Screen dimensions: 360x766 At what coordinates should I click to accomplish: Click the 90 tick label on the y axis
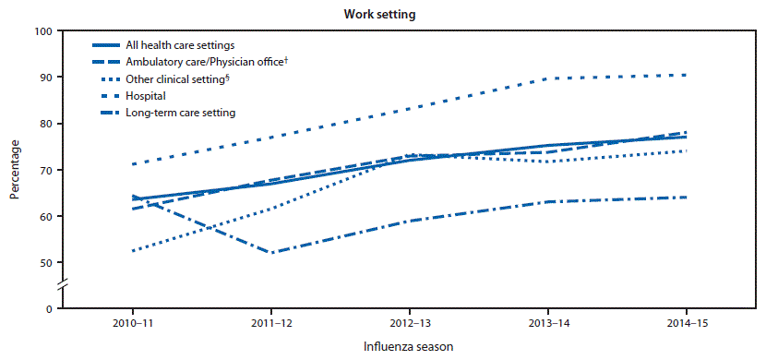[x=44, y=78]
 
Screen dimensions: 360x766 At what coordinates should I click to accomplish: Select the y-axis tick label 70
[x=44, y=170]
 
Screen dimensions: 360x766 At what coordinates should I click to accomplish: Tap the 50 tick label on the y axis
[x=44, y=262]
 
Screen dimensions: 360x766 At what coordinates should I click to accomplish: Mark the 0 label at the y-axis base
[x=47, y=308]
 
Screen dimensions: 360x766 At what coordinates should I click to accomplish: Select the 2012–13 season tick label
[x=410, y=325]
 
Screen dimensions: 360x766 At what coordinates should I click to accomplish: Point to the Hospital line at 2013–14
[x=548, y=78]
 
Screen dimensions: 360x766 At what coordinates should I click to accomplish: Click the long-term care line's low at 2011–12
[x=271, y=253]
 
